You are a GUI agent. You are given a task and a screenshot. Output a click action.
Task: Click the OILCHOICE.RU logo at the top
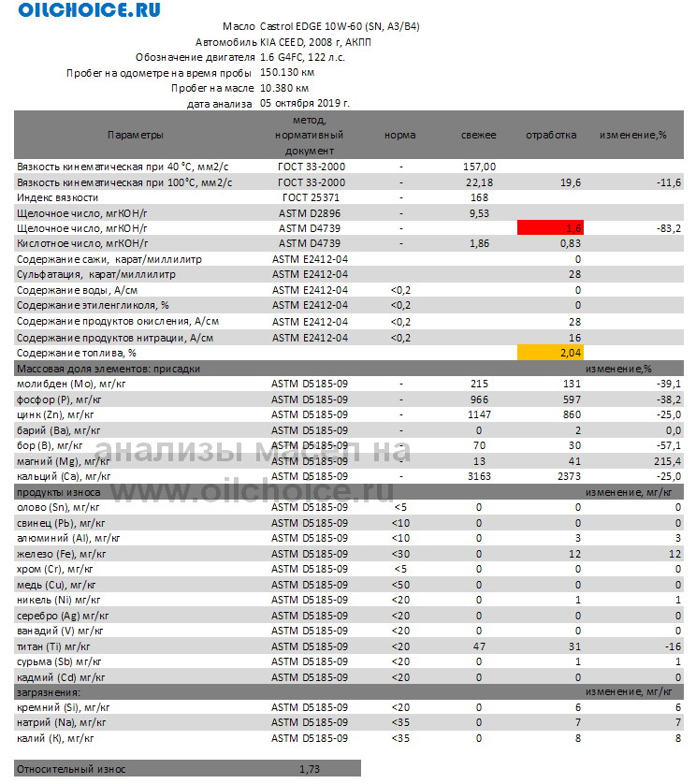[89, 10]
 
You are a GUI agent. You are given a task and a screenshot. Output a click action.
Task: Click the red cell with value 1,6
[550, 227]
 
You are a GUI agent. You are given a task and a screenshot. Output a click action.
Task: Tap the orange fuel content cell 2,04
[550, 353]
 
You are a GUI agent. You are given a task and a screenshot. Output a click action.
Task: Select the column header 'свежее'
[479, 135]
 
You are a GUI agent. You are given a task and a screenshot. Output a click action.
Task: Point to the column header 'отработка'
[551, 135]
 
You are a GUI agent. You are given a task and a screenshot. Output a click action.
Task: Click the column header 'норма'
[400, 135]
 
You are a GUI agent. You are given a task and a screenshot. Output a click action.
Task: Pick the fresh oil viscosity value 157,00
[479, 166]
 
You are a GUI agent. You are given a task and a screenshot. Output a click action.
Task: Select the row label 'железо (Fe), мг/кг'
[62, 554]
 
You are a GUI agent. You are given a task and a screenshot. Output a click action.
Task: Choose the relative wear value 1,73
[309, 769]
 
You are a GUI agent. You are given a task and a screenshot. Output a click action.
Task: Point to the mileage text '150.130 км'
[287, 71]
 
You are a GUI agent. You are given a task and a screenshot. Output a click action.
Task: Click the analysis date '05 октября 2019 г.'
[305, 103]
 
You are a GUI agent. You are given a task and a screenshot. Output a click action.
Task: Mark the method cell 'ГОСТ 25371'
[312, 197]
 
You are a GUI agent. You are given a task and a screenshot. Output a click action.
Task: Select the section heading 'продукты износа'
[54, 492]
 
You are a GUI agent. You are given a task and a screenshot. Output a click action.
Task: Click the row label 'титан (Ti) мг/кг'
[54, 646]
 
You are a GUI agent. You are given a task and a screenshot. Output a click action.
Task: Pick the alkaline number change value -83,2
[665, 227]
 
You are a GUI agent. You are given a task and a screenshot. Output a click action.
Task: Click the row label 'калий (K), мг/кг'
[56, 738]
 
